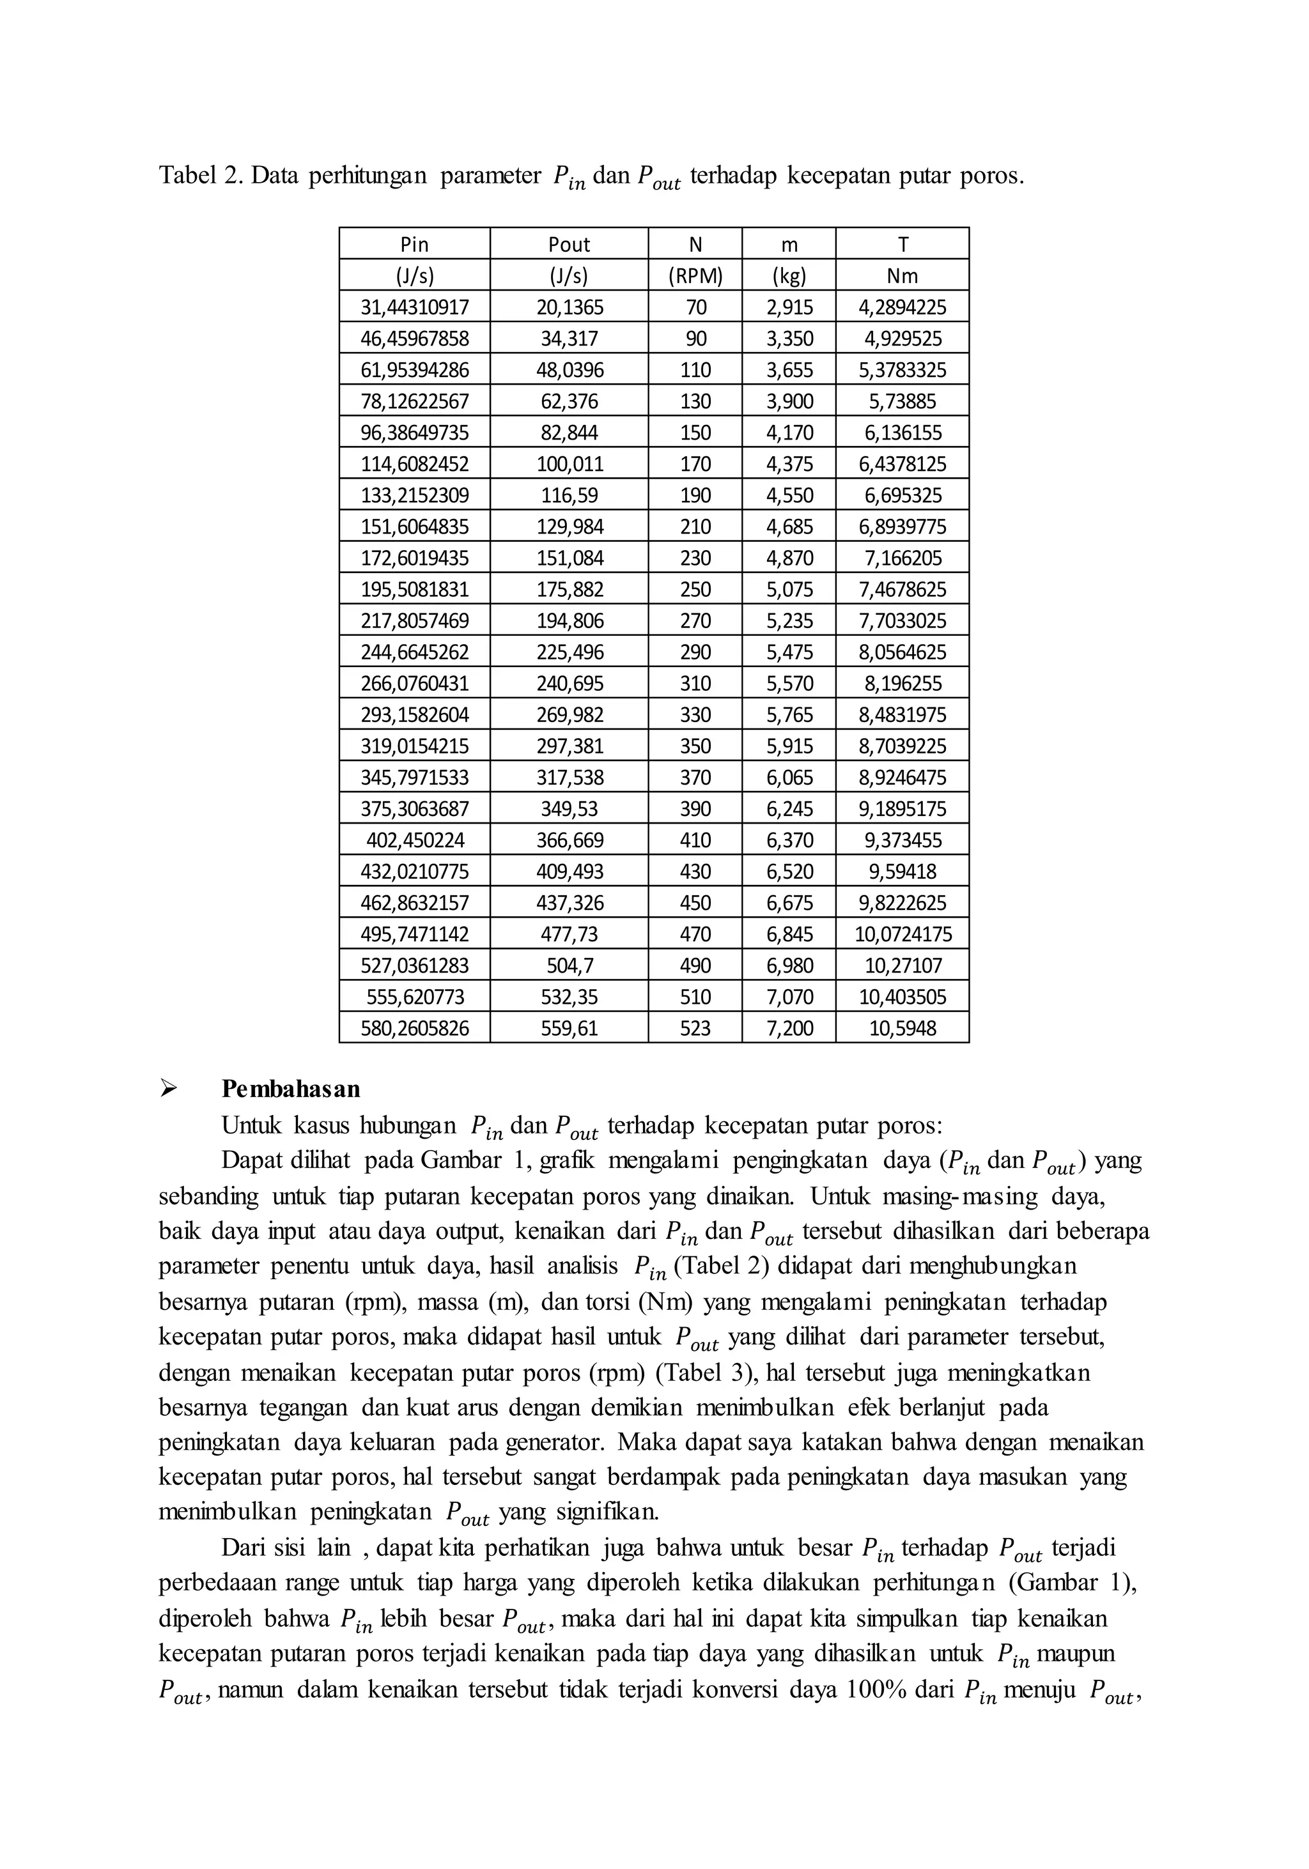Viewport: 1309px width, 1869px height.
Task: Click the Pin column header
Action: point(414,244)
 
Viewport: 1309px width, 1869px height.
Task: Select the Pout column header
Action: point(569,244)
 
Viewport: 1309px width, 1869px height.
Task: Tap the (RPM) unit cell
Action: point(695,276)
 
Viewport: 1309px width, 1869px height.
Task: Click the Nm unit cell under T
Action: point(902,276)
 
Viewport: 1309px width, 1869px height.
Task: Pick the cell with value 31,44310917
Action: point(414,307)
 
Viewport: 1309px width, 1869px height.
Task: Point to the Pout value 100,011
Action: point(569,464)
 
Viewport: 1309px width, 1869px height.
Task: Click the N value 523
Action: point(695,1028)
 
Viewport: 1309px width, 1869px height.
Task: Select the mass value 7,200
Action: point(789,1028)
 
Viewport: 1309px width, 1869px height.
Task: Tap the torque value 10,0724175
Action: point(902,934)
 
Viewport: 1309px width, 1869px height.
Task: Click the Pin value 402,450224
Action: point(414,840)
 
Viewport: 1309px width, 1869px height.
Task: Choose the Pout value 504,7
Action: point(569,965)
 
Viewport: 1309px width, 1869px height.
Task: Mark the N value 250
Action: point(695,589)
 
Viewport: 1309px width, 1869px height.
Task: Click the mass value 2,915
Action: point(789,307)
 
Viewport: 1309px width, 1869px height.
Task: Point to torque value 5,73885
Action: point(902,401)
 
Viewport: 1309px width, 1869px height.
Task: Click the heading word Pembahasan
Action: point(291,1089)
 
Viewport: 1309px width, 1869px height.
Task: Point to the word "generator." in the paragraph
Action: point(554,1442)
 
